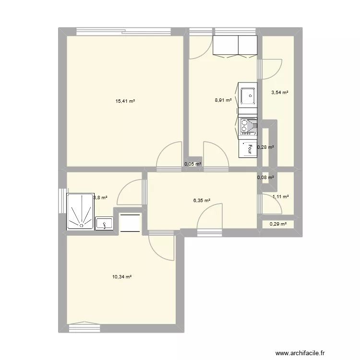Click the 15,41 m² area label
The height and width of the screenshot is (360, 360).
pos(125,101)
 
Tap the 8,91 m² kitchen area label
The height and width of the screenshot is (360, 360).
pos(223,100)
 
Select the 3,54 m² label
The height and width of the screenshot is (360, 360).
pos(280,92)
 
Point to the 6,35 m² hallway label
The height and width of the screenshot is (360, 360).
pos(202,201)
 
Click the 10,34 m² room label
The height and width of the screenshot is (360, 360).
pos(122,277)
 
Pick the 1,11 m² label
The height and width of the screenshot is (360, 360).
pos(281,196)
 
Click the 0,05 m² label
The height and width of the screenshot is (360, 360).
pos(193,164)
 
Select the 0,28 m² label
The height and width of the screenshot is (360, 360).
pos(265,147)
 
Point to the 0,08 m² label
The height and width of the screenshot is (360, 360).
pos(265,178)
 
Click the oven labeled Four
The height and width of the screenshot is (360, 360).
pos(248,149)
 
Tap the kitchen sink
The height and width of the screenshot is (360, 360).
pos(248,96)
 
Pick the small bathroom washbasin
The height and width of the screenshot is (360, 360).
pos(104,223)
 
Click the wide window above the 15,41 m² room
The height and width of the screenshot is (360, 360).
pos(124,32)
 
